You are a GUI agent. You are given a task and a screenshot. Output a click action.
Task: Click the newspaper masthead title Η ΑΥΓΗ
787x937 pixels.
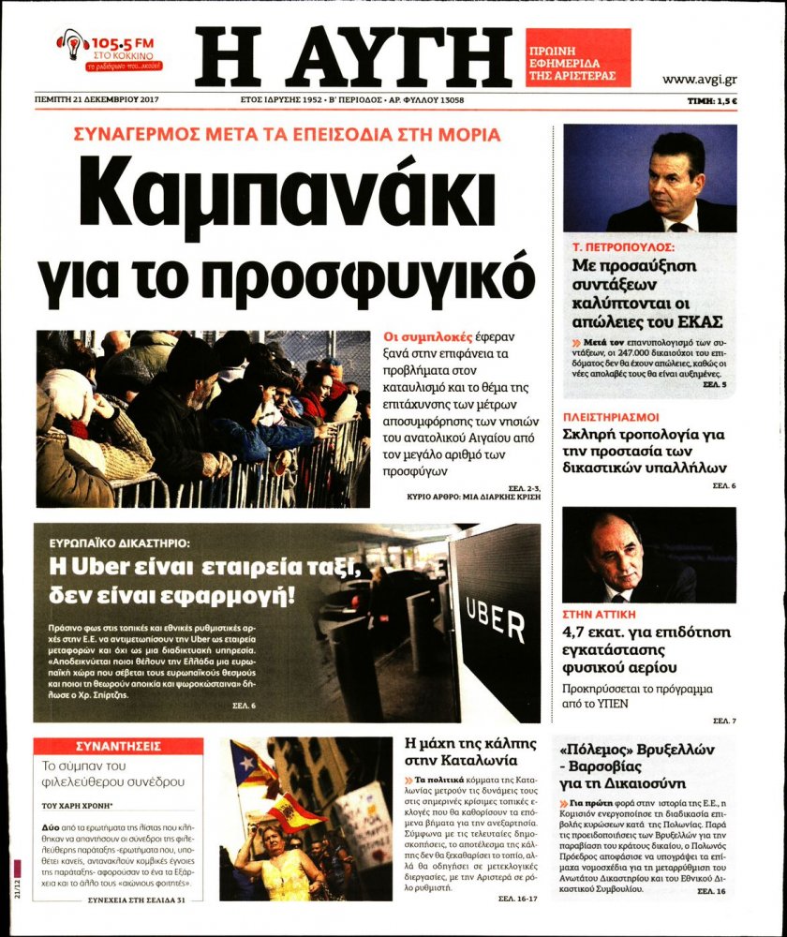coord(353,57)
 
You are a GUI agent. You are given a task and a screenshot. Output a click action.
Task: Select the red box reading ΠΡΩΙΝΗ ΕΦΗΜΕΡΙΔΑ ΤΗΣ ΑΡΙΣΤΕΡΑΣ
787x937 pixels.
coord(577,57)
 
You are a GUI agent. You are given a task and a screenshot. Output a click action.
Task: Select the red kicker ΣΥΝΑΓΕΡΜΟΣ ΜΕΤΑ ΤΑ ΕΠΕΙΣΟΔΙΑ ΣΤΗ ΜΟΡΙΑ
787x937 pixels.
coord(287,135)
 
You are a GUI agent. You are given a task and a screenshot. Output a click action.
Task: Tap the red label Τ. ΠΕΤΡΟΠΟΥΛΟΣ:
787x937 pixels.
coord(624,249)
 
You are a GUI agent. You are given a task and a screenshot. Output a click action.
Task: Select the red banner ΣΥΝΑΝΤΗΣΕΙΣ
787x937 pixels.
coord(117,747)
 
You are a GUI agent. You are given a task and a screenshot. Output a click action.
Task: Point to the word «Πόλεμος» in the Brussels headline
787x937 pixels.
coord(596,751)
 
